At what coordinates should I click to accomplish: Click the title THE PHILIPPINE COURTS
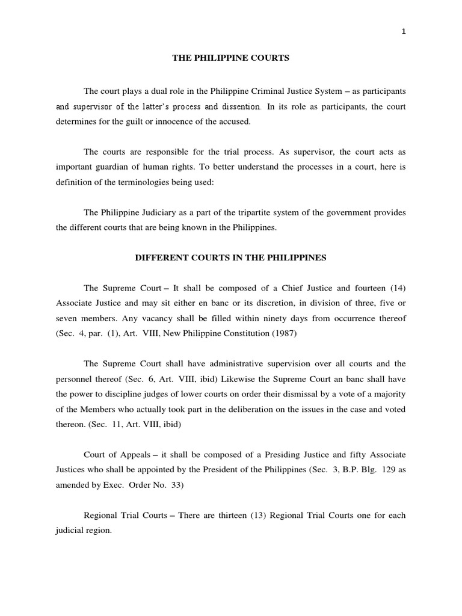coord(231,58)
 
